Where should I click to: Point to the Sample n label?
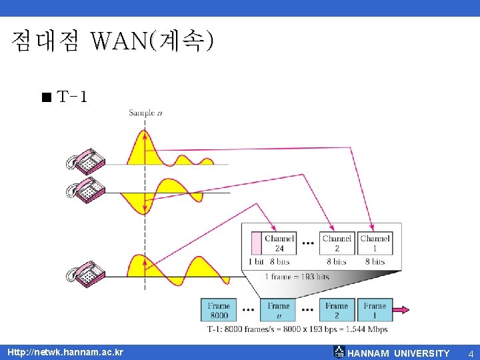pos(145,113)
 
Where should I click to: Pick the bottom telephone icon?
pos(86,273)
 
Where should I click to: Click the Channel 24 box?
pos(279,243)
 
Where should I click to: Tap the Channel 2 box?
pos(337,243)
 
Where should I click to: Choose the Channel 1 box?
pos(375,243)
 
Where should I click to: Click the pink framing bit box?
pos(256,243)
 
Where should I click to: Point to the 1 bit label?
pos(256,262)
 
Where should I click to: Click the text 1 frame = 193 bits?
pos(297,277)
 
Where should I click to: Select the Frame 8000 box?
pos(219,310)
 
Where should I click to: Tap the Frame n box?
pos(279,310)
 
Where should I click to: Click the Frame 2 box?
pos(337,310)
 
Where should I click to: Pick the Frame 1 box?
pos(375,310)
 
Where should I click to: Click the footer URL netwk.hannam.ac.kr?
pos(65,352)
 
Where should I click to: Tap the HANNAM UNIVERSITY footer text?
pos(399,353)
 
